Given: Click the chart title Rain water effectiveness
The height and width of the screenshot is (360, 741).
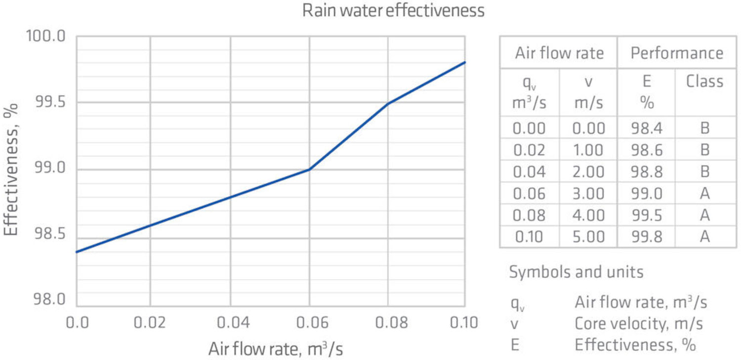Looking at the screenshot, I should pyautogui.click(x=393, y=11).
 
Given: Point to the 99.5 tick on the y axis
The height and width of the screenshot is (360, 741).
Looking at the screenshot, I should pyautogui.click(x=49, y=102).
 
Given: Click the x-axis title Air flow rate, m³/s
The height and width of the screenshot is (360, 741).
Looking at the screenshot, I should pyautogui.click(x=275, y=349).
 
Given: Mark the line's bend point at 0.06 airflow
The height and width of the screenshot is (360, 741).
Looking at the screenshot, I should pyautogui.click(x=309, y=169).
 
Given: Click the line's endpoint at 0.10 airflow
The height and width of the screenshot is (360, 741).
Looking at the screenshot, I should pyautogui.click(x=465, y=62).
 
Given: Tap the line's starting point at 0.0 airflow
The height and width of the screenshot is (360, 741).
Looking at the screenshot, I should pyautogui.click(x=77, y=252).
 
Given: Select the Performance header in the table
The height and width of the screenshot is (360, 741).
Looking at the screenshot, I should pyautogui.click(x=677, y=53).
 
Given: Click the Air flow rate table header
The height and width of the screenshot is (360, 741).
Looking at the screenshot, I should pyautogui.click(x=559, y=53).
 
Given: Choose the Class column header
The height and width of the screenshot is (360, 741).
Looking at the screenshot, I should pyautogui.click(x=704, y=81).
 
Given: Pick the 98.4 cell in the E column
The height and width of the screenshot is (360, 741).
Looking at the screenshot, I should pyautogui.click(x=646, y=128).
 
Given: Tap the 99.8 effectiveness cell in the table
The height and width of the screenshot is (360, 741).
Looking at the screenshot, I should pyautogui.click(x=646, y=237).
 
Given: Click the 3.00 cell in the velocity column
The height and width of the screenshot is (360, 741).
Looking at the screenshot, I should pyautogui.click(x=588, y=194).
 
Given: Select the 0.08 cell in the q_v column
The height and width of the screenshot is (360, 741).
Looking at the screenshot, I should pyautogui.click(x=529, y=215).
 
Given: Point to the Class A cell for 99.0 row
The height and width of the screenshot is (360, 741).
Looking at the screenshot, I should pyautogui.click(x=704, y=194).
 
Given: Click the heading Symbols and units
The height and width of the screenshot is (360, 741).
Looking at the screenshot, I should pyautogui.click(x=576, y=272).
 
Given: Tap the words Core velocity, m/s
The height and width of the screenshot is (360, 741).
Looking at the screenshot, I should pyautogui.click(x=639, y=323).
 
